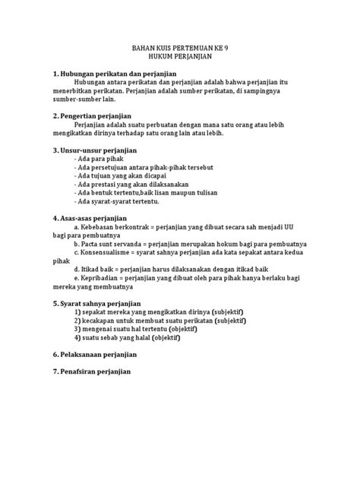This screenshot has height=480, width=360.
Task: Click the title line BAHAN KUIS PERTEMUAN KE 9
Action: [x=180, y=47]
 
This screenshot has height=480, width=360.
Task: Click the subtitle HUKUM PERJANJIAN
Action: [x=180, y=57]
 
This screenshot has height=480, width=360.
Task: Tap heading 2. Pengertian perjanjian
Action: [x=93, y=115]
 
